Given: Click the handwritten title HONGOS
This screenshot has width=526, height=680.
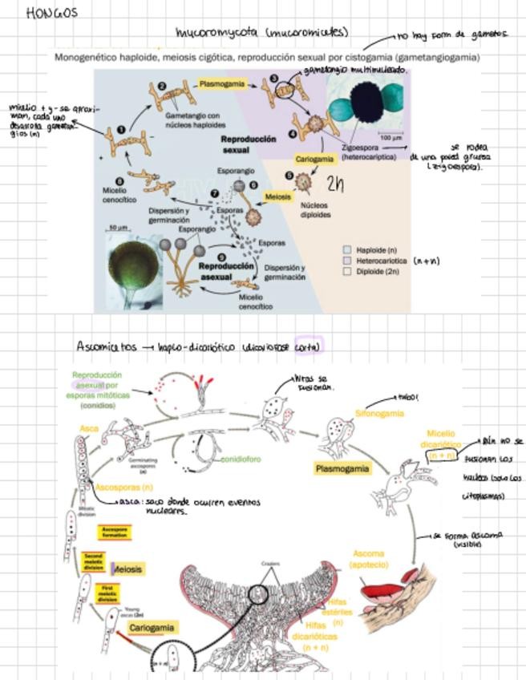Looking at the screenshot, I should click(51, 13).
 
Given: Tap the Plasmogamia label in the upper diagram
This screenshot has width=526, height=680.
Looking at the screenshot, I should click(221, 83).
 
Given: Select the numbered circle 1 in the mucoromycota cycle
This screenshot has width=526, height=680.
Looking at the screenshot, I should click(121, 129).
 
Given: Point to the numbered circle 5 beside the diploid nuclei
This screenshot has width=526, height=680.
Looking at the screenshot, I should click(289, 175).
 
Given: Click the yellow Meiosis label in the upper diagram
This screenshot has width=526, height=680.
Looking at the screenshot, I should click(278, 196).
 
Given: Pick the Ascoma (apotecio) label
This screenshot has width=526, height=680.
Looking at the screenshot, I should click(369, 559).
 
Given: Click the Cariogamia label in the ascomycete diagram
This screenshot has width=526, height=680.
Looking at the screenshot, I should click(152, 627).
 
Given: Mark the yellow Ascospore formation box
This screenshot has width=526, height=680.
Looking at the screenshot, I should click(114, 532).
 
